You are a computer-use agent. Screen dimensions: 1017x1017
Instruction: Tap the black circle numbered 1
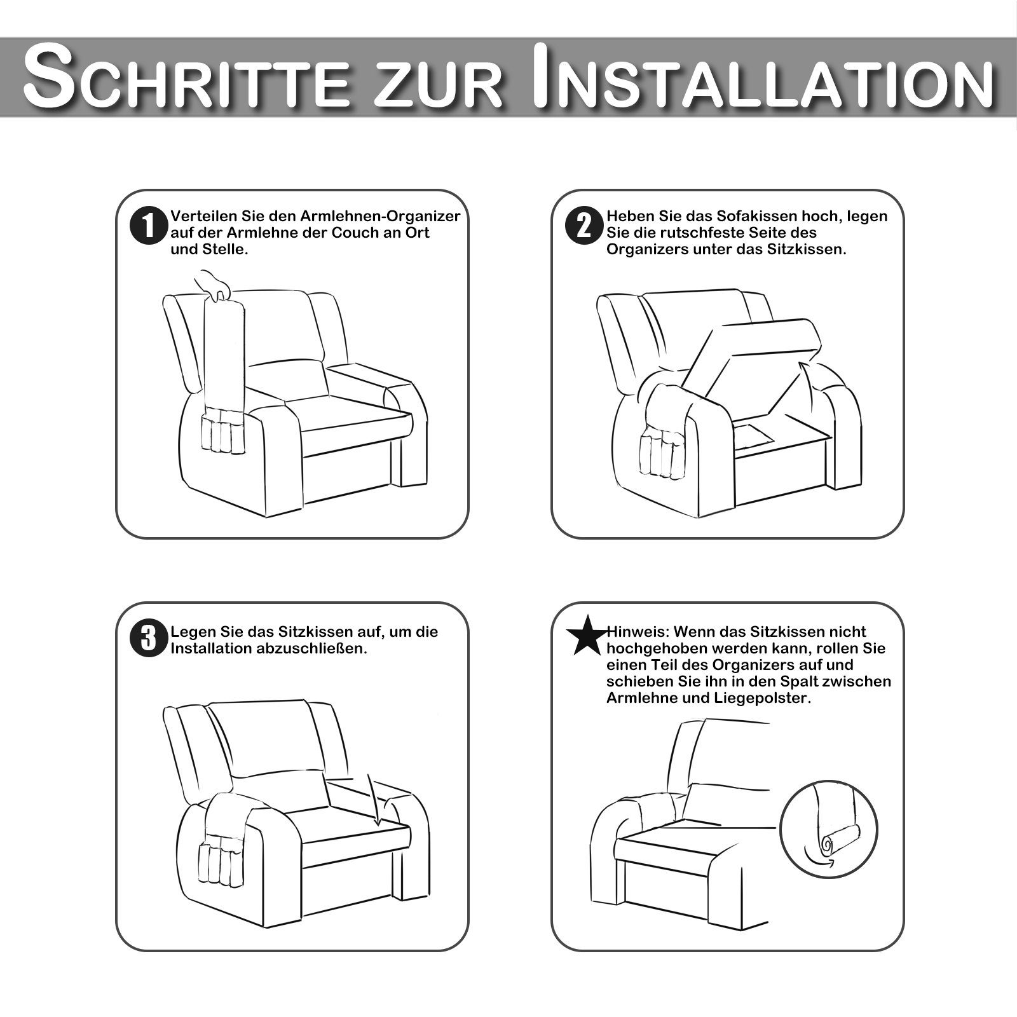pos(147,226)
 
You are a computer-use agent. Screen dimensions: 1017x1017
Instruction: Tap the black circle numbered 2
pos(584,226)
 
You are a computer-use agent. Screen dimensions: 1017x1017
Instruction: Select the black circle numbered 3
pos(147,639)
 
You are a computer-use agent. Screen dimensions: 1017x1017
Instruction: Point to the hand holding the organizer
pos(214,283)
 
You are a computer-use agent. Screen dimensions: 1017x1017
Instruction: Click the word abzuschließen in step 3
pos(319,649)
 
